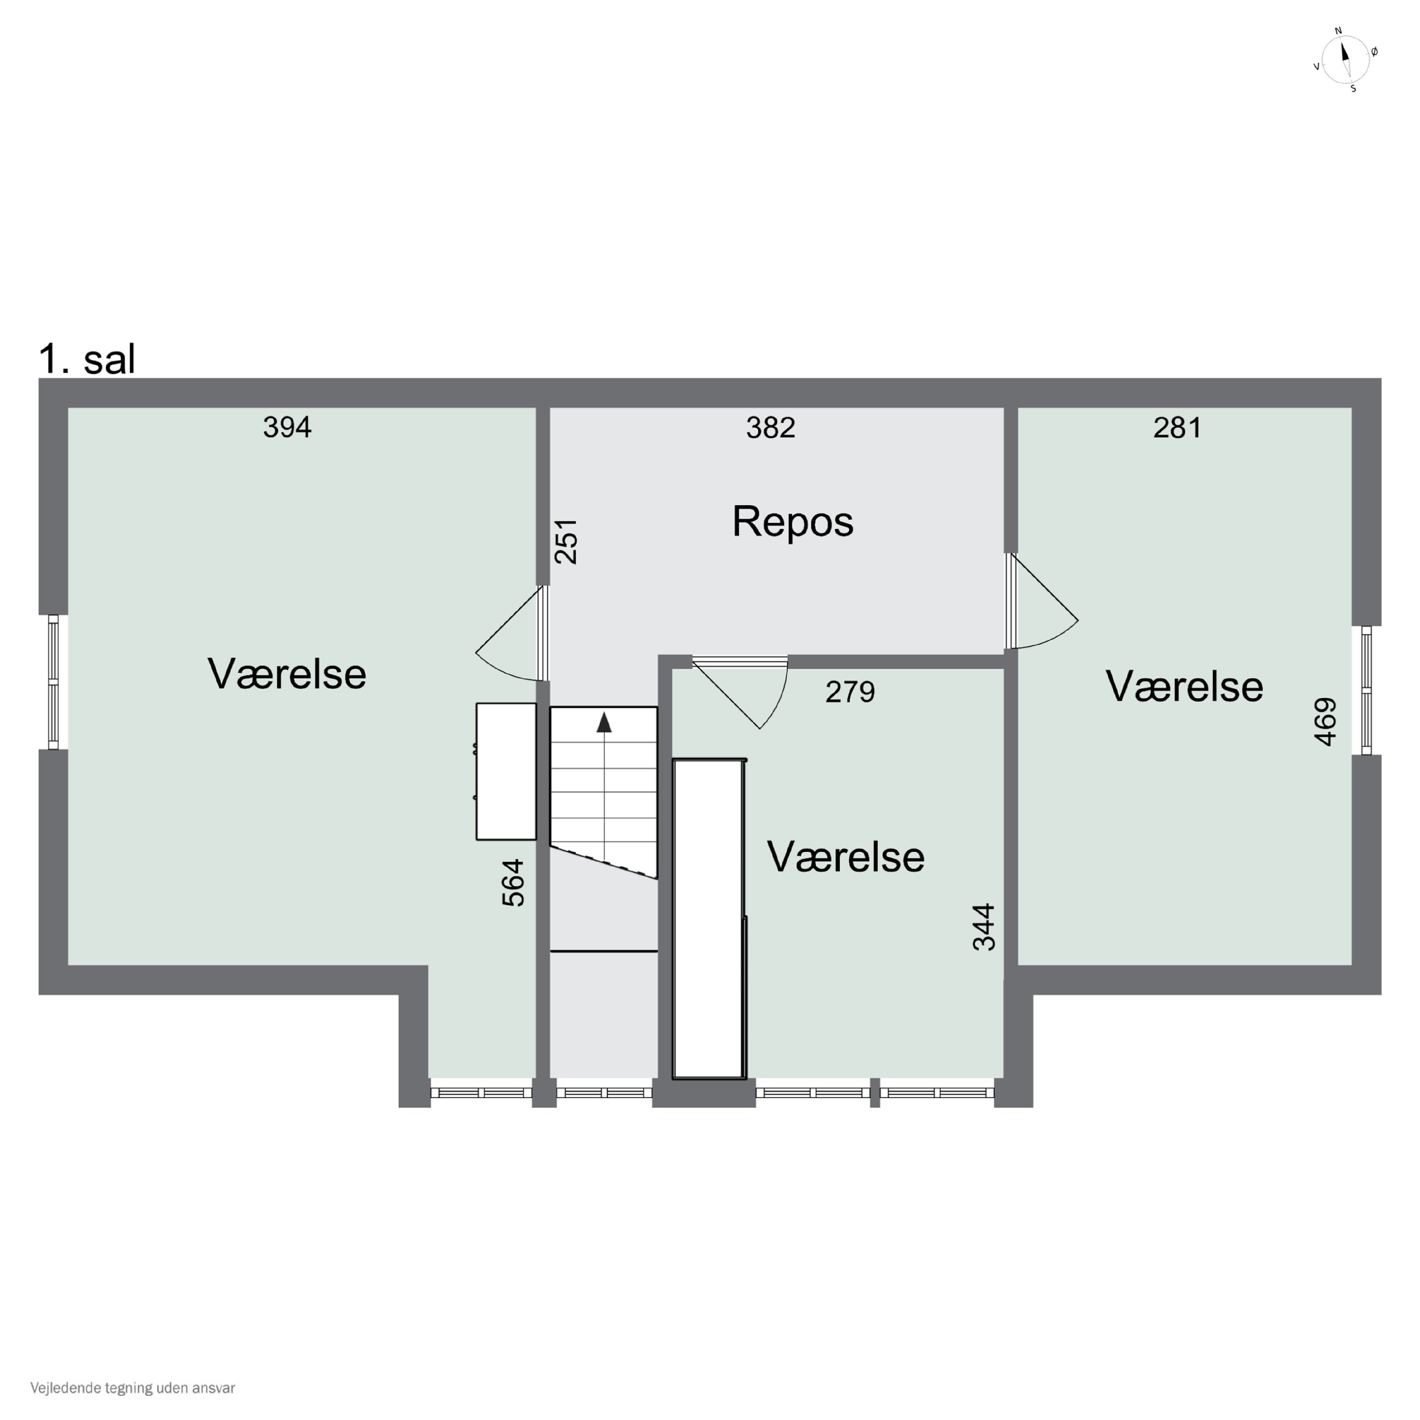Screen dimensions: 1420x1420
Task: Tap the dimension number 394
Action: tap(287, 427)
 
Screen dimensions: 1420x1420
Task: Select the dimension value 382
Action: tap(770, 427)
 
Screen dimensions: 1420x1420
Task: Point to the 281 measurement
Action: tap(1178, 427)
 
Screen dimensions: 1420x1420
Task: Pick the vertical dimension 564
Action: tap(513, 883)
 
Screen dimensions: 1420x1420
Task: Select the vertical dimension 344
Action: tap(984, 927)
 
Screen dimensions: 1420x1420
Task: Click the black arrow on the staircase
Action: tap(604, 722)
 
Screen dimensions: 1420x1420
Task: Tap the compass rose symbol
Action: tap(1345, 60)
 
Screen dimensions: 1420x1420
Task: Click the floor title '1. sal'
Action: tap(87, 359)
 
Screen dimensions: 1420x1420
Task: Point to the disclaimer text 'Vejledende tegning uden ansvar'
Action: tap(133, 1388)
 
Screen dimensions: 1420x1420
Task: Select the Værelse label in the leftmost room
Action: tap(287, 674)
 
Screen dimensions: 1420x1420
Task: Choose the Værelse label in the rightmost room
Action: tap(1184, 687)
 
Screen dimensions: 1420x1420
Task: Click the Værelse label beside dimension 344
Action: tap(845, 857)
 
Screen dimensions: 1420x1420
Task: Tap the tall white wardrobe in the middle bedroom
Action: tap(709, 919)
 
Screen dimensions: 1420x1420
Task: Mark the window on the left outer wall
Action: tap(53, 682)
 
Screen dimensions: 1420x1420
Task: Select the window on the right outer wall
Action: tap(1367, 690)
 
